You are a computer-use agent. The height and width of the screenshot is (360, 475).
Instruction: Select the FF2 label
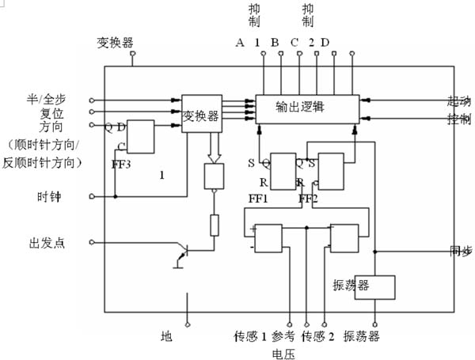click(309, 198)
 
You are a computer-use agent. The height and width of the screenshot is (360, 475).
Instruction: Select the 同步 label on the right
click(460, 252)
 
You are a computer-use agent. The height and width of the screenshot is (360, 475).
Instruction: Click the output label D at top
click(325, 42)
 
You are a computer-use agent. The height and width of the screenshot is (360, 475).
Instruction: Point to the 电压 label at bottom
click(283, 354)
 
